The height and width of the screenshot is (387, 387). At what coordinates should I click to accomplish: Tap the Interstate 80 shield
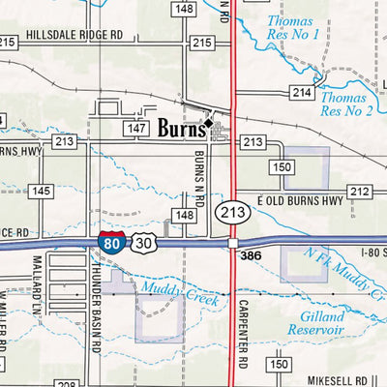coord(110,243)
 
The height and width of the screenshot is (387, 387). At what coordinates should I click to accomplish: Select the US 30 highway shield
coord(143,243)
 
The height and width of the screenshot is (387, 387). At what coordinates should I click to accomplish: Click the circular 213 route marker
coord(233,211)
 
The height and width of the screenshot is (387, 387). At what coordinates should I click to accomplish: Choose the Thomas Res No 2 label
coord(345,104)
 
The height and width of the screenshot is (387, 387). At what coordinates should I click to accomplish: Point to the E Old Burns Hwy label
coord(300,201)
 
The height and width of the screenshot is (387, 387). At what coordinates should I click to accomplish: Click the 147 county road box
coord(135,128)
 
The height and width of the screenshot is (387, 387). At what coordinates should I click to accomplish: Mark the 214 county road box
coord(301,92)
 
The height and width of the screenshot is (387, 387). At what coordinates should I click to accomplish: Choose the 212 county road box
coord(360,192)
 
